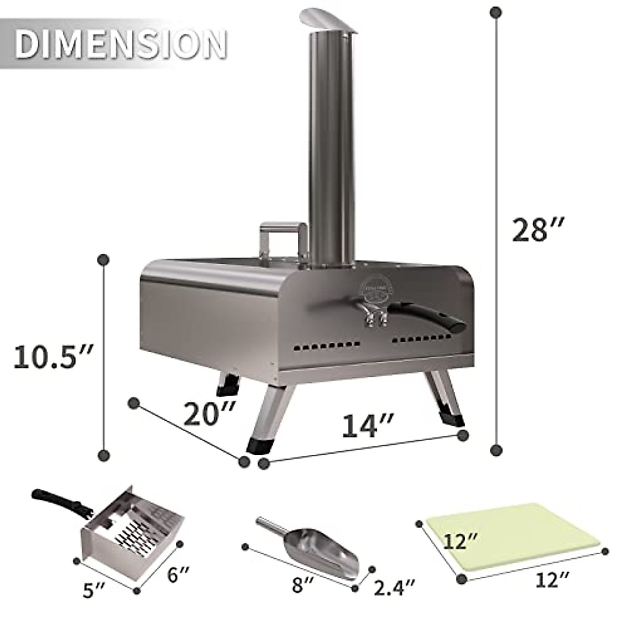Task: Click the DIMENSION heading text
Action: (x=120, y=44)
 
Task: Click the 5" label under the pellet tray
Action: (x=95, y=590)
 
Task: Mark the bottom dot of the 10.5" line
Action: (x=104, y=454)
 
